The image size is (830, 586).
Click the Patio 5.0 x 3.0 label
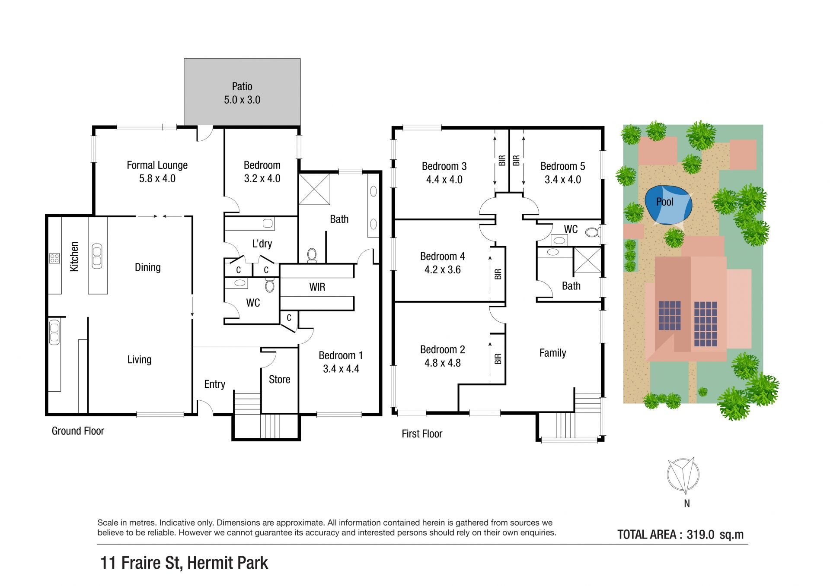242,93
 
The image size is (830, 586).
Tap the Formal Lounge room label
157,165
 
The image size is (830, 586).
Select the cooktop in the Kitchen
54,258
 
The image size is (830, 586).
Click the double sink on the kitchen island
97,256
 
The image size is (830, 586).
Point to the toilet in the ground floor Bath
312,255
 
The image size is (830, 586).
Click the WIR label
317,287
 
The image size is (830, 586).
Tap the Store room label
280,380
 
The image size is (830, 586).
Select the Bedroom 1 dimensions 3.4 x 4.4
341,369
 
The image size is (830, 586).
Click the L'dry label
262,244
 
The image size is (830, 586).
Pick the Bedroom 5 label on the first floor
563,166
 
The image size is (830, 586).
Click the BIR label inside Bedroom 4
498,274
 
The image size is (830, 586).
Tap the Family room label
553,353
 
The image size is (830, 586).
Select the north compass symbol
683,475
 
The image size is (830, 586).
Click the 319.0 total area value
700,535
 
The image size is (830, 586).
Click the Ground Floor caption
78,431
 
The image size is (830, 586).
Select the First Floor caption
422,434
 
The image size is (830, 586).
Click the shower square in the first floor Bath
587,260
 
